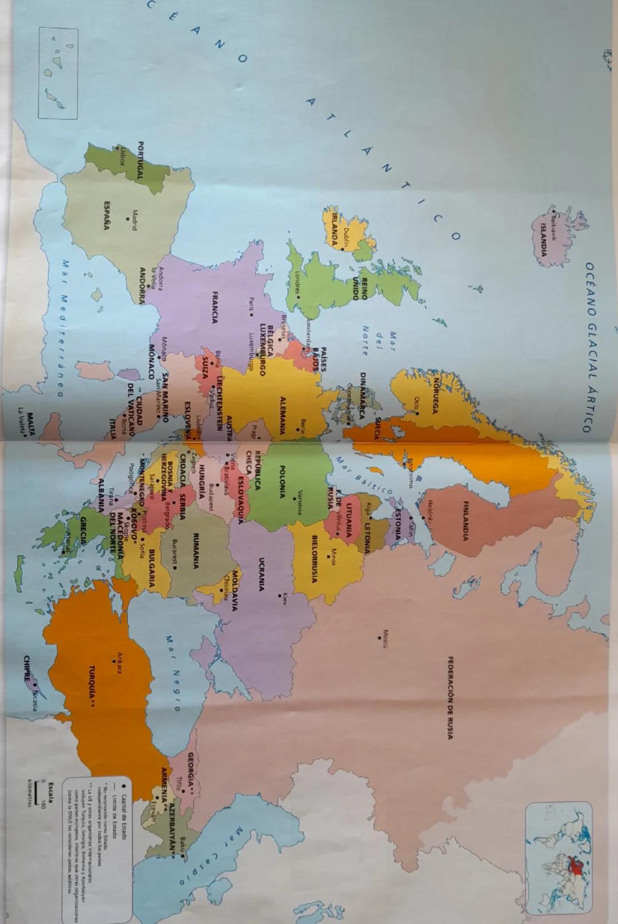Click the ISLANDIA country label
click(544, 240)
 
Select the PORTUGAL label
click(140, 161)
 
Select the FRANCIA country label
click(215, 307)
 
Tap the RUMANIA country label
click(196, 550)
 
